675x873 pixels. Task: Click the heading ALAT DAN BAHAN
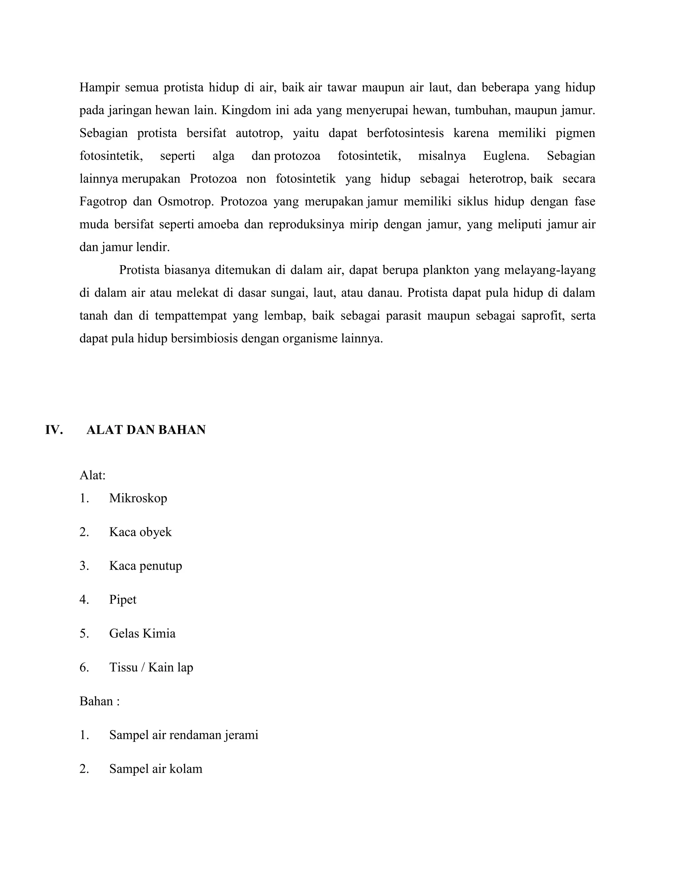coord(146,430)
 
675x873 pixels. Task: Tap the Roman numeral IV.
coord(54,430)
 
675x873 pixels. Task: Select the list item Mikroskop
coord(138,498)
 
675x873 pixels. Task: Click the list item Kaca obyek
coord(140,532)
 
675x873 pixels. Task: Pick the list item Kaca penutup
coord(146,566)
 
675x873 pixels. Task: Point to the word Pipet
coord(123,600)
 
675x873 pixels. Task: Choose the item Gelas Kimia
coord(142,633)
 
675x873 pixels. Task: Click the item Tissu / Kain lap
coord(151,667)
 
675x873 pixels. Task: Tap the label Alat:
coord(92,475)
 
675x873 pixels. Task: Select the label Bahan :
coord(100,701)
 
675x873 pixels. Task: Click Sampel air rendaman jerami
coord(184,735)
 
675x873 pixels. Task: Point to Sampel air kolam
coord(156,769)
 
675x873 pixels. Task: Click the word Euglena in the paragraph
coord(506,156)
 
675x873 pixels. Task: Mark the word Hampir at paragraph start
coord(100,88)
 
